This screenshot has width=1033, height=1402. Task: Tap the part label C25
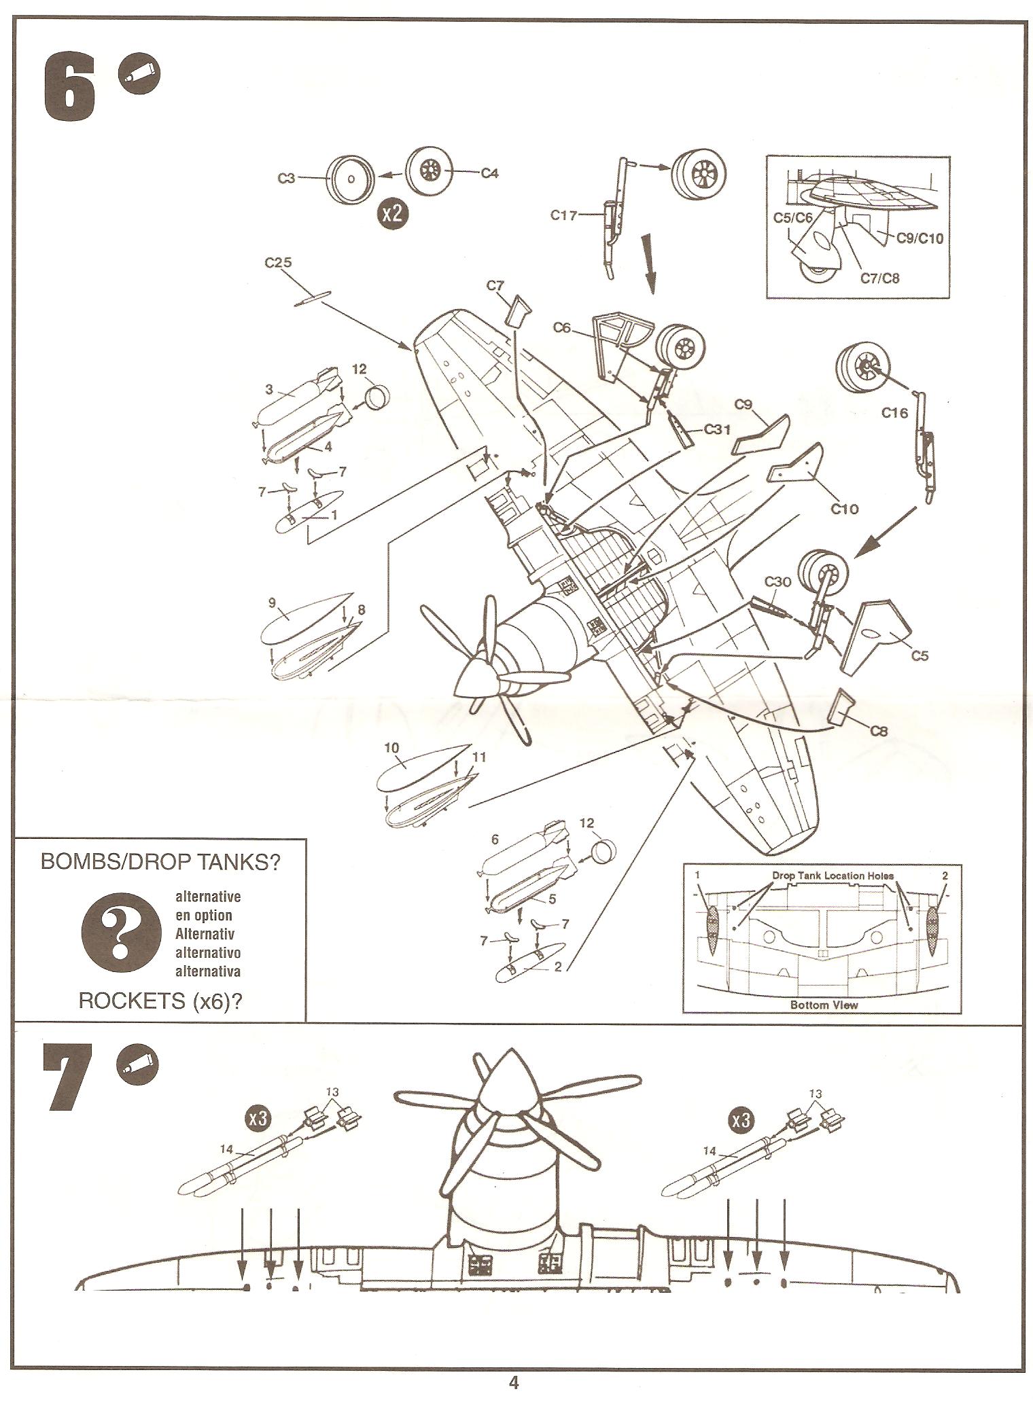[x=278, y=263]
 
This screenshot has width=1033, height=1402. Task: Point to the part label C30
[x=777, y=581]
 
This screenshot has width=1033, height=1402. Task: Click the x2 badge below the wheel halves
[x=391, y=214]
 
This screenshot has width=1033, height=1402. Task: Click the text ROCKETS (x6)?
[x=160, y=1001]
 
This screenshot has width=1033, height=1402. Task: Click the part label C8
[x=878, y=732]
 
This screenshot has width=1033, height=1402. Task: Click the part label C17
[x=563, y=216]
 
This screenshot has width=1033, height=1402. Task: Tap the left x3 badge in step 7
[x=258, y=1119]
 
